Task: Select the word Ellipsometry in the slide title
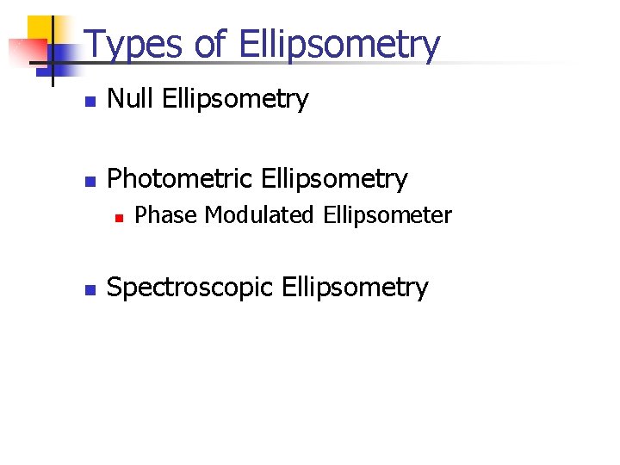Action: point(338,46)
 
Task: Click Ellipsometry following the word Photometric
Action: point(333,180)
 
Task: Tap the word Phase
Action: point(166,215)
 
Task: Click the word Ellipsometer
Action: point(387,216)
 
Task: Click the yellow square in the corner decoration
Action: point(41,31)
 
